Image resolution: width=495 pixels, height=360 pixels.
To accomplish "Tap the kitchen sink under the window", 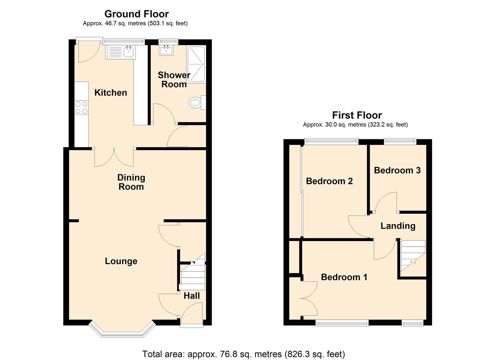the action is (x=121, y=52).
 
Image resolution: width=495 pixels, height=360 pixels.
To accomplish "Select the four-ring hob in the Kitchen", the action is (x=82, y=108).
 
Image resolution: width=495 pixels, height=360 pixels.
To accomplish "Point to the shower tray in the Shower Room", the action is (x=196, y=64).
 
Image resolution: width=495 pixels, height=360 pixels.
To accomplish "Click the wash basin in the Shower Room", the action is (x=166, y=50).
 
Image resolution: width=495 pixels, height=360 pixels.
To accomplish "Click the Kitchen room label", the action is (x=111, y=93).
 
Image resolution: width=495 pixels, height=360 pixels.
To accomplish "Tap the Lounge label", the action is (x=121, y=261).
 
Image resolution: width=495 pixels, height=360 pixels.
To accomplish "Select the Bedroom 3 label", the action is (x=397, y=170).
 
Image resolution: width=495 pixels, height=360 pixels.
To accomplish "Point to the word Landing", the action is (x=398, y=226).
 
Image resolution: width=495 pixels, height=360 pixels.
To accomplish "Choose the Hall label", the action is (x=192, y=296).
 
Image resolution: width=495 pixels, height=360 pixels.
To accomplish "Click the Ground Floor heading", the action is (x=137, y=14).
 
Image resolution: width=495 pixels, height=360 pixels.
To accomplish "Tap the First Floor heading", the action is (x=357, y=115).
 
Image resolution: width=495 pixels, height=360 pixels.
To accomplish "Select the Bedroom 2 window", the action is (x=331, y=141).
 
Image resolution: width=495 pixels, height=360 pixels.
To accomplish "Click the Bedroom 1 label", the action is (x=344, y=277).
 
